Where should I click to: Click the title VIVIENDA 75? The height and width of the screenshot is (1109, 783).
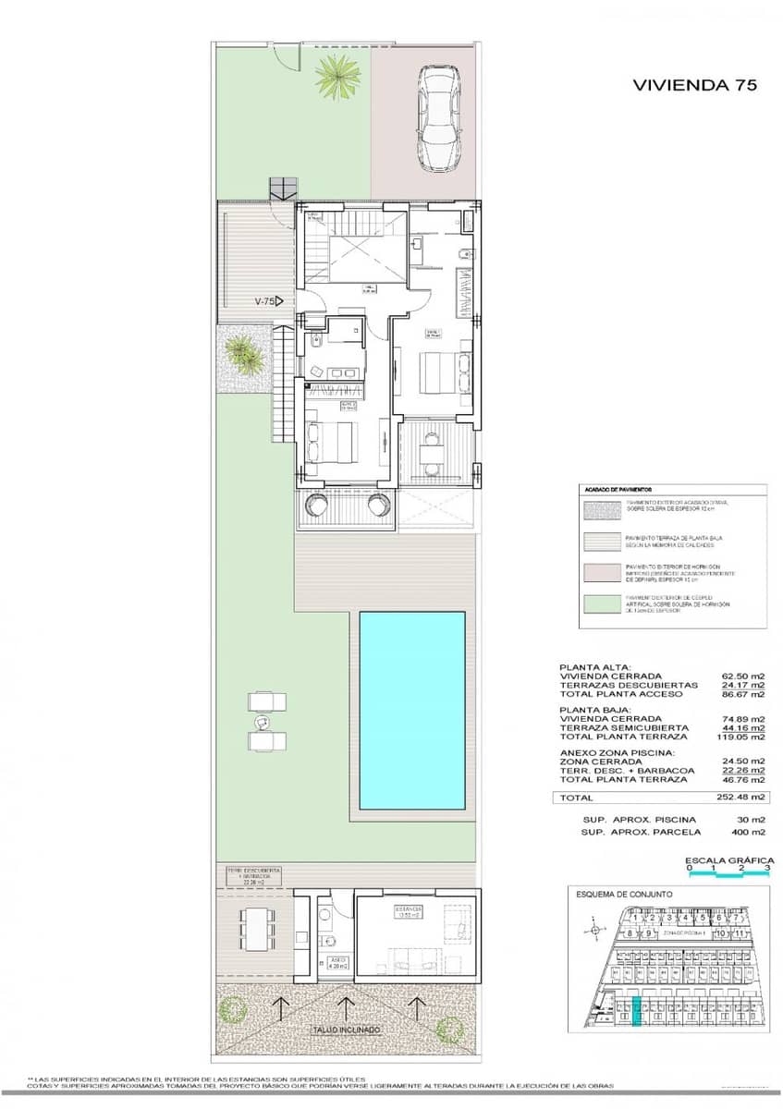point(694,85)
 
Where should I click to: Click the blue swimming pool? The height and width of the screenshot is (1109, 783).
point(412,711)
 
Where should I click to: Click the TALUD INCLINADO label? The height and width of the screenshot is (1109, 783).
point(346,1030)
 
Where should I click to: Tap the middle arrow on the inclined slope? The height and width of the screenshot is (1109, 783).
point(346,1005)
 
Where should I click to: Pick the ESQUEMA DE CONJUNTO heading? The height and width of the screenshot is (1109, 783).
point(624,895)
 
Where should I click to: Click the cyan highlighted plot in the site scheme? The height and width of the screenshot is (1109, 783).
point(635,1011)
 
